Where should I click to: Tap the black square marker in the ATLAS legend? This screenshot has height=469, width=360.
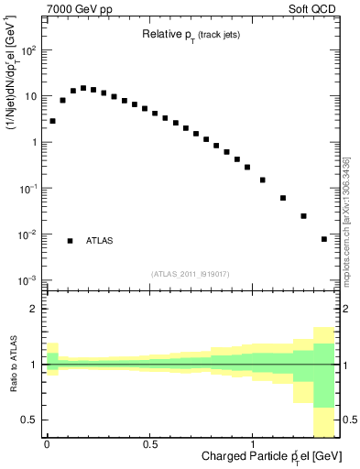pos(70,241)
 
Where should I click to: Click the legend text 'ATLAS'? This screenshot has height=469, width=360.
pos(100,241)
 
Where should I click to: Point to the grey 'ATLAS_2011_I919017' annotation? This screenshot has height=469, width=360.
pos(189,274)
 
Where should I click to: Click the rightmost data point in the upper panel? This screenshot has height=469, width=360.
pos(324,239)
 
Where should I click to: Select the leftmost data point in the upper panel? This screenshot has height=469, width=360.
pos(52,121)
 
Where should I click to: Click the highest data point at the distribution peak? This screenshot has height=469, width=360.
pos(83,88)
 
